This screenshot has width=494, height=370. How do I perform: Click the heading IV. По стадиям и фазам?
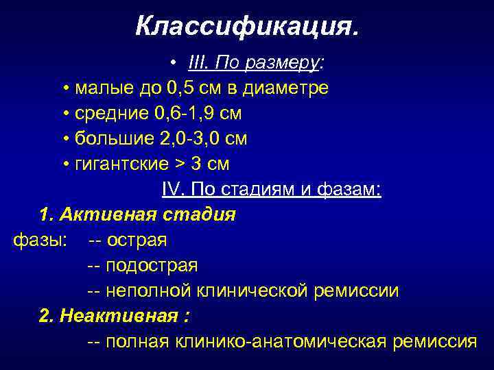click(x=272, y=189)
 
